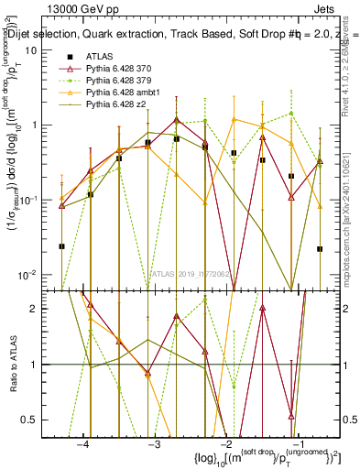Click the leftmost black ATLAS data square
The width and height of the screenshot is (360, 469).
61,245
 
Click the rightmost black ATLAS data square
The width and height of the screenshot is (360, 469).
320,248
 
